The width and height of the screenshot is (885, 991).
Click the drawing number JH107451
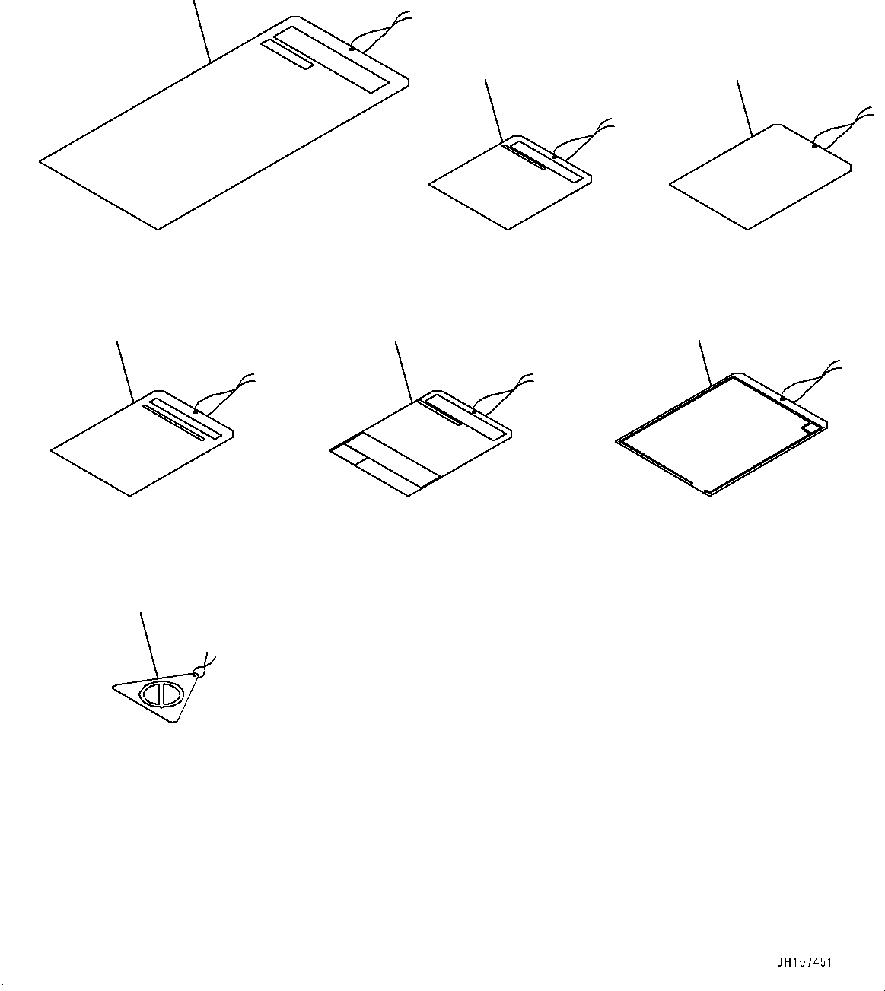(804, 962)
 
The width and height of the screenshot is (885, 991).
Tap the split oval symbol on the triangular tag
(161, 695)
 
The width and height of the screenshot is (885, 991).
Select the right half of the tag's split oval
(170, 694)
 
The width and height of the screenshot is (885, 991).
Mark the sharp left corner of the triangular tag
(115, 687)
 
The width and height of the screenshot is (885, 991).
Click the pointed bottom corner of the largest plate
(158, 227)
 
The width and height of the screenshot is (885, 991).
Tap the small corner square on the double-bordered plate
(812, 429)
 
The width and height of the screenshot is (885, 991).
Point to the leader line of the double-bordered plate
(704, 364)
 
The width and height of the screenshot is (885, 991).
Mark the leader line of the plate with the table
(403, 371)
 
